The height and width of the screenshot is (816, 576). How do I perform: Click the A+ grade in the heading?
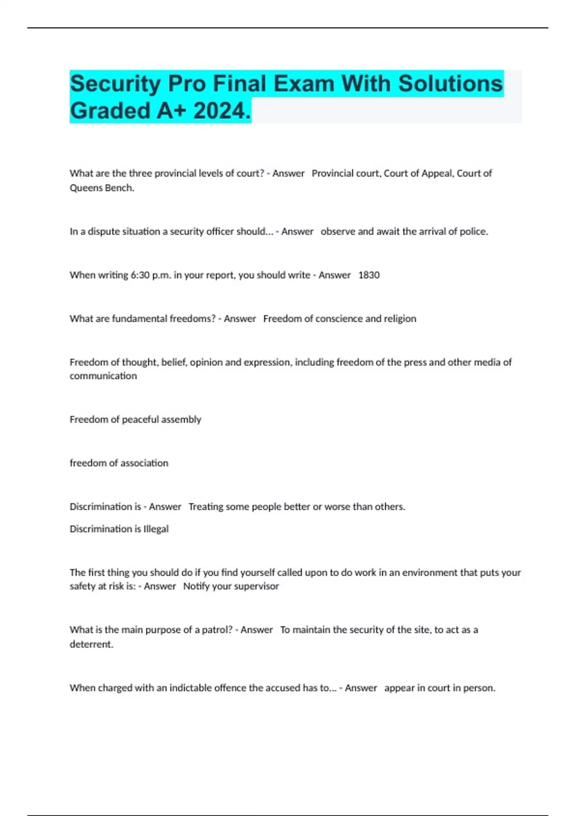tap(172, 111)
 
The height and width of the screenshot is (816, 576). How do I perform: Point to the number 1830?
tap(369, 275)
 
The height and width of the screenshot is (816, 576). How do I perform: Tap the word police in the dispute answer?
tap(473, 231)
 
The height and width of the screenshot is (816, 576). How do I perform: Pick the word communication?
tap(103, 376)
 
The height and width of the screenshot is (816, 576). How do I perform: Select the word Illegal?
tap(156, 529)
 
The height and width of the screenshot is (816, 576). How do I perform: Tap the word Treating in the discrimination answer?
tap(205, 507)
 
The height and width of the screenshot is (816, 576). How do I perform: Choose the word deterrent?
tap(91, 644)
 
